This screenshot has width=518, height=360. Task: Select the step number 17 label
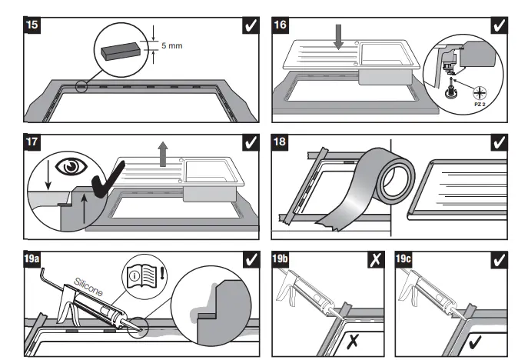click(33, 144)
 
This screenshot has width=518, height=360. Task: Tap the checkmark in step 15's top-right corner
click(250, 26)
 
